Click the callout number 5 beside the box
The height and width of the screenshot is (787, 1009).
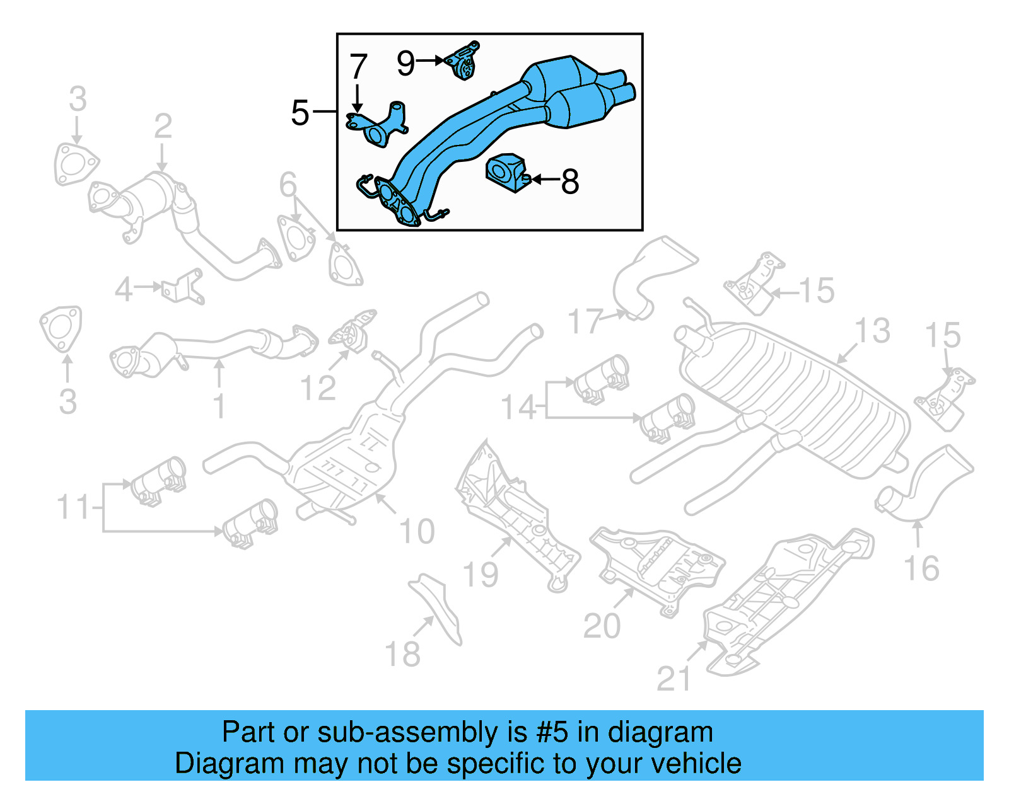pyautogui.click(x=300, y=113)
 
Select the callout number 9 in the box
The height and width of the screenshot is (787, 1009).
pyautogui.click(x=405, y=62)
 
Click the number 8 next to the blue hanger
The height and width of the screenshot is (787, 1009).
pyautogui.click(x=569, y=181)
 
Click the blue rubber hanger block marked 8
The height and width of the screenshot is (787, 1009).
pyautogui.click(x=504, y=171)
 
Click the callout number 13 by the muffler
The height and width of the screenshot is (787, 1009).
pyautogui.click(x=872, y=331)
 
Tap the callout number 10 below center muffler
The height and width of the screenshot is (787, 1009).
pyautogui.click(x=417, y=532)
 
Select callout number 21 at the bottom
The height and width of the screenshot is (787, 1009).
pyautogui.click(x=674, y=679)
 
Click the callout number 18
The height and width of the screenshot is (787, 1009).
pyautogui.click(x=402, y=654)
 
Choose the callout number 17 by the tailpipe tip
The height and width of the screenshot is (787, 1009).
pyautogui.click(x=585, y=321)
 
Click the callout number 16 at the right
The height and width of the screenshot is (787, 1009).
pyautogui.click(x=921, y=568)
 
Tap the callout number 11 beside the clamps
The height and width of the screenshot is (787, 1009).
pyautogui.click(x=74, y=507)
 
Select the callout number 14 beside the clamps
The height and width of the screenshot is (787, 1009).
pyautogui.click(x=518, y=408)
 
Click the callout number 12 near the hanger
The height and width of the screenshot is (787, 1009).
pyautogui.click(x=318, y=388)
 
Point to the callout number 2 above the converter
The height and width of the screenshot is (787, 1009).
pyautogui.click(x=163, y=126)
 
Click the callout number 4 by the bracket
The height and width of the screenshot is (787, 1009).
pyautogui.click(x=124, y=290)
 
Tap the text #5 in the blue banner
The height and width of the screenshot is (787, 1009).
pyautogui.click(x=552, y=732)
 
